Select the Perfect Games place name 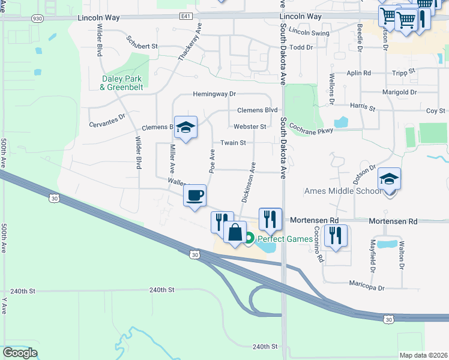(x=286, y=239)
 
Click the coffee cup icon (x=194, y=196)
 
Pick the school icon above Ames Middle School (x=389, y=179)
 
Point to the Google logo (x=20, y=353)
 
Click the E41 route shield (x=185, y=17)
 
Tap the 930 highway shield (x=37, y=19)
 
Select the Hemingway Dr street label (x=214, y=94)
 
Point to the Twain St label (x=234, y=143)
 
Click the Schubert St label (x=142, y=46)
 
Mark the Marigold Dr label (x=399, y=92)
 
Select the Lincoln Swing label (x=309, y=32)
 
